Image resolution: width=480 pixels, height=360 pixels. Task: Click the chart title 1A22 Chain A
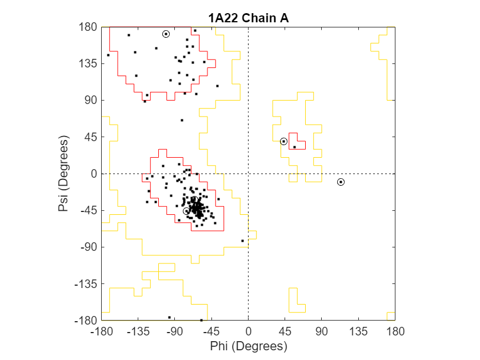tap(248, 18)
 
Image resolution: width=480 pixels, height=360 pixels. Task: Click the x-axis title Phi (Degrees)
tap(248, 346)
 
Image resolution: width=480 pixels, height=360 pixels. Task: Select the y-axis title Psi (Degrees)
tap(63, 174)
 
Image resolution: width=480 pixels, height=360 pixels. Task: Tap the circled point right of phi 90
tap(341, 182)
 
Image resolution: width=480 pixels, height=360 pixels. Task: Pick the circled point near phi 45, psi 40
tap(283, 141)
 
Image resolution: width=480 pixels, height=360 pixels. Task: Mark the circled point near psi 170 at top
tap(166, 34)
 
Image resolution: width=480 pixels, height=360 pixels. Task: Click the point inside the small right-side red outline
tap(294, 147)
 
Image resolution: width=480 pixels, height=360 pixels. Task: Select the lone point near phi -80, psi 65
tap(182, 120)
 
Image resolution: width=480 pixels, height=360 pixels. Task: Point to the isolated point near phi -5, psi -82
tap(242, 241)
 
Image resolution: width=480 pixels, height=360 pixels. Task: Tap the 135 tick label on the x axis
tap(358, 331)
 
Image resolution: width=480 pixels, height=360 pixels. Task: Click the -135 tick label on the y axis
tap(85, 284)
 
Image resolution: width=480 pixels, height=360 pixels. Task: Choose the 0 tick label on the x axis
tap(248, 331)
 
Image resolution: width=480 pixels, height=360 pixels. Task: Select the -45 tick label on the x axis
tap(211, 331)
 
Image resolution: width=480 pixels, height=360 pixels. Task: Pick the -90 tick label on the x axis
tap(174, 331)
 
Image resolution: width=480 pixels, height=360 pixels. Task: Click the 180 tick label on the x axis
tap(395, 331)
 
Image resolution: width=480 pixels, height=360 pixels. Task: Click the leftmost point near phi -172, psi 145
tap(108, 55)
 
